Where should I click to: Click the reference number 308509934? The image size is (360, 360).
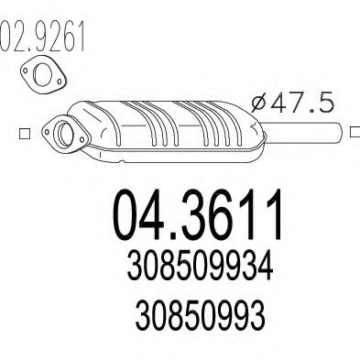[x=200, y=267]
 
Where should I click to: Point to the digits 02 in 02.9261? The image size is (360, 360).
[x=15, y=38]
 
